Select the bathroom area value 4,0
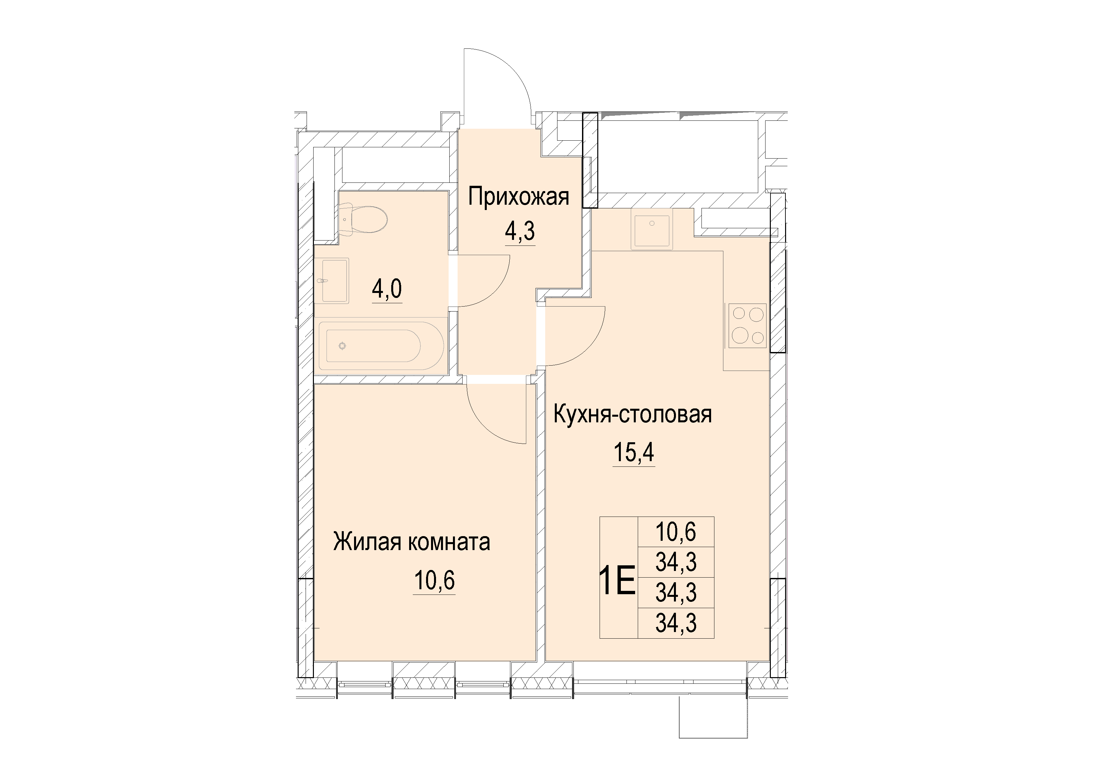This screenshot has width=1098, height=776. tap(387, 288)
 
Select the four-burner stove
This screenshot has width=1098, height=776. tap(747, 325)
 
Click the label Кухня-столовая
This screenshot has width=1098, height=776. tap(632, 414)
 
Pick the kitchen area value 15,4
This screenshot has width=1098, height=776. tap(634, 452)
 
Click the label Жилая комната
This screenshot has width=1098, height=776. tap(411, 542)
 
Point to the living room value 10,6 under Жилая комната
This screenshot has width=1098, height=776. tap(434, 581)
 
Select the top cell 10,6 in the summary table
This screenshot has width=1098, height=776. tap(676, 532)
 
